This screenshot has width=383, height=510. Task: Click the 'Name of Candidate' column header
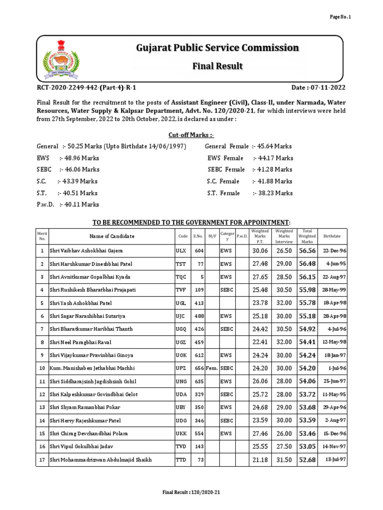point(112,236)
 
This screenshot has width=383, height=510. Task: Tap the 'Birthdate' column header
point(332,237)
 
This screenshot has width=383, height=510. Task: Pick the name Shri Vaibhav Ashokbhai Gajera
point(86,251)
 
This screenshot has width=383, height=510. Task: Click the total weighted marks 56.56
point(307,251)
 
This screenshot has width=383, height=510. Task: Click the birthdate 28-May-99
point(332,290)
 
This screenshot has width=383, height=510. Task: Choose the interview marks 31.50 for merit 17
point(284,460)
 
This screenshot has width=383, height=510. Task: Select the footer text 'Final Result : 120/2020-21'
point(191,492)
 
